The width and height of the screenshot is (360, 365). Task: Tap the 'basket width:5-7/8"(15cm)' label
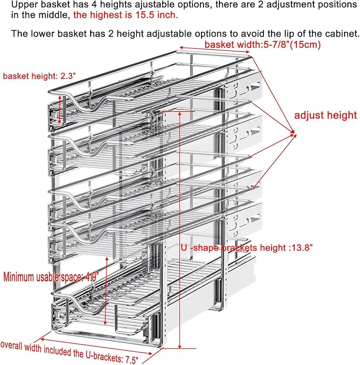click(262, 44)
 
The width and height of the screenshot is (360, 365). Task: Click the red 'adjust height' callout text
click(326, 115)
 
